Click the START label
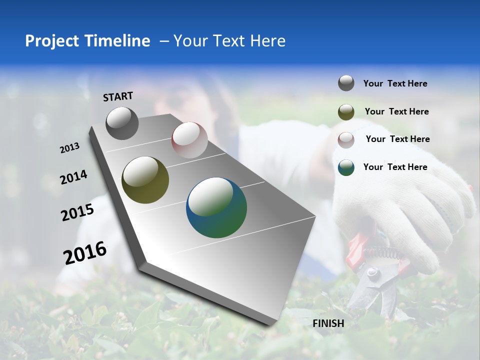(118, 96)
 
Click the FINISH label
(328, 323)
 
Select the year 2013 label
(70, 148)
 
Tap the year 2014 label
(74, 177)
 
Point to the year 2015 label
(77, 213)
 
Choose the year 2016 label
(85, 253)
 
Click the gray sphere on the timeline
(122, 123)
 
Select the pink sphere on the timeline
(189, 140)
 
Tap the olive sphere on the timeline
(145, 180)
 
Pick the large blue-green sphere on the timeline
(216, 207)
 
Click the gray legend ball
(346, 83)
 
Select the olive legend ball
(346, 112)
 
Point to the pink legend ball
(346, 139)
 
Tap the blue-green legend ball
(346, 167)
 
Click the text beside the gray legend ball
(395, 84)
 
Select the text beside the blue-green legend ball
(395, 167)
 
